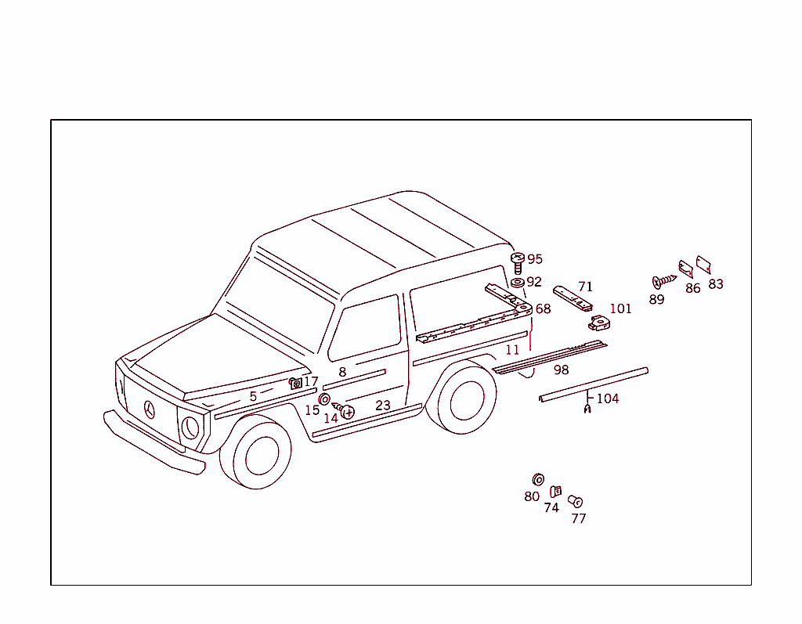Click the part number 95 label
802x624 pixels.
(x=535, y=259)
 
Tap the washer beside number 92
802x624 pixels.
(x=517, y=282)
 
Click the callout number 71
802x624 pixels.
(x=585, y=287)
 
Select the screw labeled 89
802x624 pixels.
(x=663, y=280)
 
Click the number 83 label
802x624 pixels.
(x=716, y=284)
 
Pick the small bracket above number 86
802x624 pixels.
(x=685, y=269)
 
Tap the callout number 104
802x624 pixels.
(x=608, y=399)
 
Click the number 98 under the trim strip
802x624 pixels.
(x=561, y=370)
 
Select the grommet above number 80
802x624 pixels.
(x=538, y=479)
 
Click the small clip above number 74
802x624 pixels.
(x=555, y=491)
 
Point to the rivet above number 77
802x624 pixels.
(x=575, y=501)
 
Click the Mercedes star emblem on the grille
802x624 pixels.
(x=150, y=409)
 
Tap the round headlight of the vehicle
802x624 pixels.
(x=190, y=427)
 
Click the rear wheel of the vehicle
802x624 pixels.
(x=467, y=399)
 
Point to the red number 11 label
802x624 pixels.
(x=512, y=350)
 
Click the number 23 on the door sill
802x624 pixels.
(x=382, y=406)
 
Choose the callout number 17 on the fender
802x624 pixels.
(x=311, y=382)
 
